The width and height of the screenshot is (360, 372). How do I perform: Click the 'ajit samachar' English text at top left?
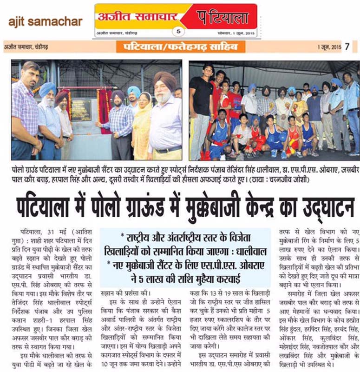click(44, 21)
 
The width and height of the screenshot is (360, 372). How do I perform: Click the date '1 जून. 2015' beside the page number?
click(329, 47)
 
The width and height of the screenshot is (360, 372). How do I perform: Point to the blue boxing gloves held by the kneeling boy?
click(279, 137)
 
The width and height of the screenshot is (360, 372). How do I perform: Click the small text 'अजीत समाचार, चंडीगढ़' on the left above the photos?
click(26, 47)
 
